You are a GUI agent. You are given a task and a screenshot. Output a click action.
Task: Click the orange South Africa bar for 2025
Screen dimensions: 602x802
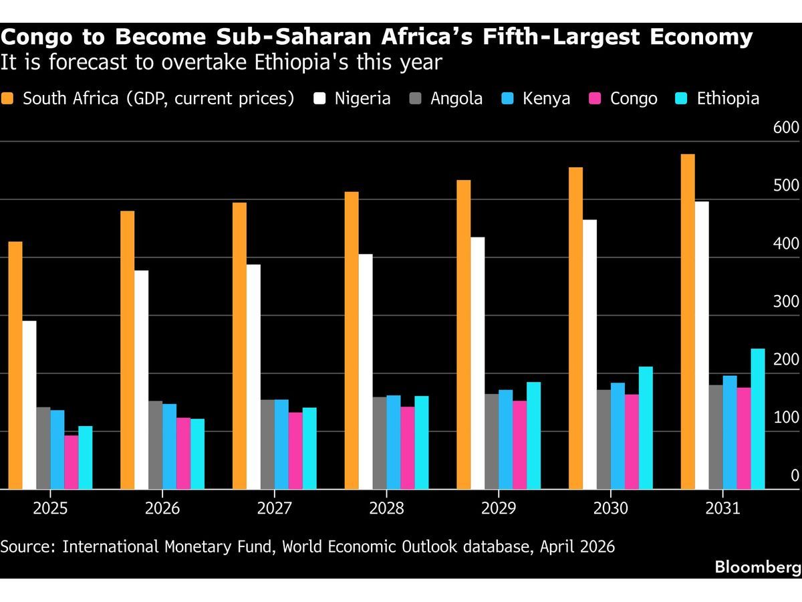click(15, 365)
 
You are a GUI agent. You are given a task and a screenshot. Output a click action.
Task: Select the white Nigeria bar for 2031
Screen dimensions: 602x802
click(702, 345)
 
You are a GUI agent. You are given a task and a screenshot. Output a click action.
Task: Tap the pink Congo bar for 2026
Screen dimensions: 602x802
click(183, 454)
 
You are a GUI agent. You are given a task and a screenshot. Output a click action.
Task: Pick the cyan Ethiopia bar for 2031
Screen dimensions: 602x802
click(758, 419)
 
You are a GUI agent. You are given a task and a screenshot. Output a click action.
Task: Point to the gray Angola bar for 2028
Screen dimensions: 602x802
click(380, 443)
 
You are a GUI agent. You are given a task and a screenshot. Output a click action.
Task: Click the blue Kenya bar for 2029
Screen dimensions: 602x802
click(505, 439)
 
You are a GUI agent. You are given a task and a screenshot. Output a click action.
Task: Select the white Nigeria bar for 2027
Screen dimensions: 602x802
click(253, 377)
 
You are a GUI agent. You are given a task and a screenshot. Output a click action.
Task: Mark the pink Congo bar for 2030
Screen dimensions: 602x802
click(632, 441)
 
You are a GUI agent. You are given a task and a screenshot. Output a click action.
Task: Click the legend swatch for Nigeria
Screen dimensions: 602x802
click(319, 99)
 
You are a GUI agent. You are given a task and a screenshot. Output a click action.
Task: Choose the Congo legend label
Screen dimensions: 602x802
click(634, 99)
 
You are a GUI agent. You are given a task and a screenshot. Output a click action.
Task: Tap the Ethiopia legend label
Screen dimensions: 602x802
click(728, 99)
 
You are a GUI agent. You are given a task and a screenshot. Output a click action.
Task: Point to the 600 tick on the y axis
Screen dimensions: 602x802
click(786, 128)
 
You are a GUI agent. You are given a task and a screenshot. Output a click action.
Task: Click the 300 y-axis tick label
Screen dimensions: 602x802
click(786, 302)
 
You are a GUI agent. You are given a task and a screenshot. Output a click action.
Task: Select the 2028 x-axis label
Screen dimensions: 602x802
click(386, 509)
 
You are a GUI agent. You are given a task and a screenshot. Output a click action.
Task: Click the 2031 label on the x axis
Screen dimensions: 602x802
click(723, 509)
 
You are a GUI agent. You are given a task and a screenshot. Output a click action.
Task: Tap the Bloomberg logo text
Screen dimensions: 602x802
click(757, 567)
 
